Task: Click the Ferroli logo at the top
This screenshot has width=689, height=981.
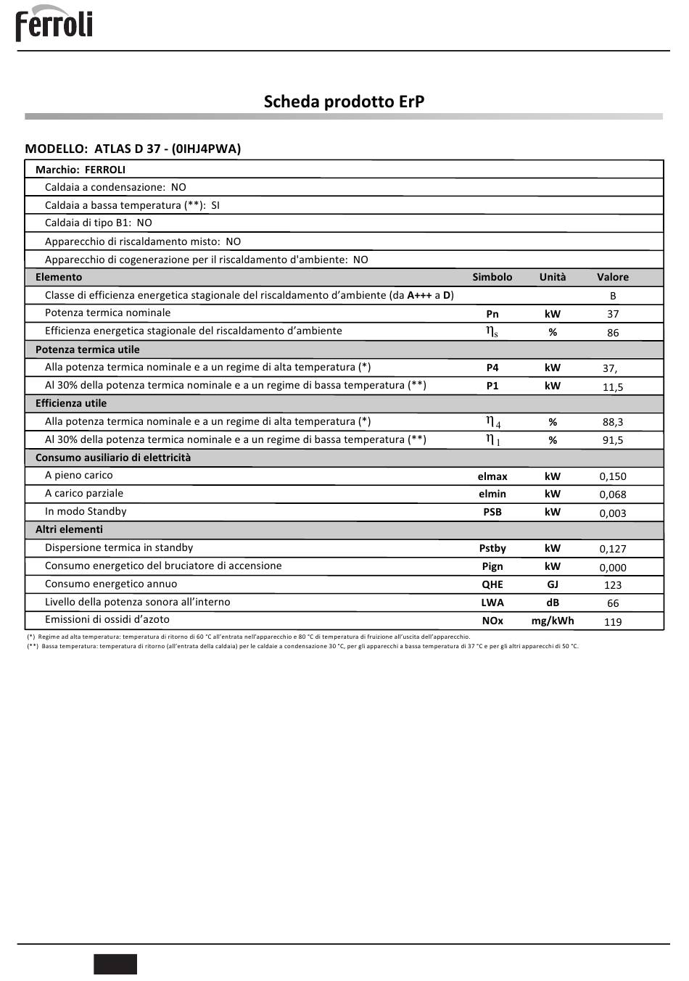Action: [54, 24]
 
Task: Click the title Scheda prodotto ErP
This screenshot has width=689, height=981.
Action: [344, 102]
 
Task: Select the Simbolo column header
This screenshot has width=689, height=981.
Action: [492, 277]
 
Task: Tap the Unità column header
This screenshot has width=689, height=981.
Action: [553, 277]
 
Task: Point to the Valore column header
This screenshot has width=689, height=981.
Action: [613, 277]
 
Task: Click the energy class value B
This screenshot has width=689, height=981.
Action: [613, 296]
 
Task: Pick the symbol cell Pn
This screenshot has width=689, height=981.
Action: [492, 314]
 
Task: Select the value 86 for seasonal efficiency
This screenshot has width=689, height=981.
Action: [613, 333]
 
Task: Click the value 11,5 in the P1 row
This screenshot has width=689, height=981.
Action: [613, 387]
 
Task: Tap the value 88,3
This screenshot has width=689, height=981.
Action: [613, 422]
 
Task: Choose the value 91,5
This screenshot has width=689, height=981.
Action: [613, 440]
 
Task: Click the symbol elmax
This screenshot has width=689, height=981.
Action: [492, 476]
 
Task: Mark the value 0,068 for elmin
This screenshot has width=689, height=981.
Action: [613, 494]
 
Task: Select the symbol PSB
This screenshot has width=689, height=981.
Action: [492, 512]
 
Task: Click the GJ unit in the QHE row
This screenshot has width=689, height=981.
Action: [553, 584]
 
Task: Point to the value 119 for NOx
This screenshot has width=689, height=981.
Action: [613, 621]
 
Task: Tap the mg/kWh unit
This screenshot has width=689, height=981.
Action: [553, 621]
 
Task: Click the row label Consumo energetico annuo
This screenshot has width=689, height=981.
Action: [111, 584]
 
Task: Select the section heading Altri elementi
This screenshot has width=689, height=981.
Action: [69, 529]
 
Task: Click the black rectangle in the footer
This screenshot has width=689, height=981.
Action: [115, 964]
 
